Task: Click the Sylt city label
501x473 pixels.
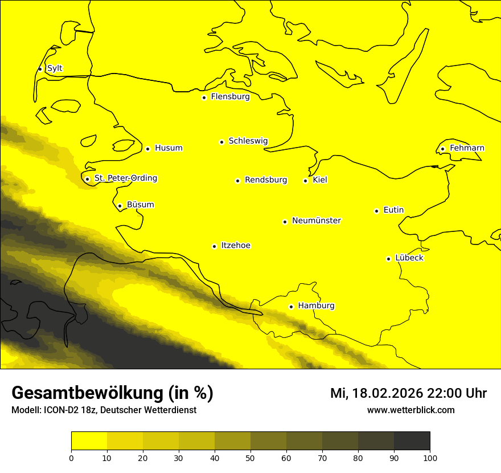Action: pos(55,68)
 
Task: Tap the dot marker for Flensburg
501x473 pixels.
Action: pos(204,97)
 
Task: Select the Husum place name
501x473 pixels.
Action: pos(169,148)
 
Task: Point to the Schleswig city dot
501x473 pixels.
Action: pos(221,142)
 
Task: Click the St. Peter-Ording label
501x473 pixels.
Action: pos(126,178)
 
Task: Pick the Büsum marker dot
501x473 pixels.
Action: pos(120,206)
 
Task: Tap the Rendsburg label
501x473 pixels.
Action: pos(266,180)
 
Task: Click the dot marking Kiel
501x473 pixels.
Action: pos(305,181)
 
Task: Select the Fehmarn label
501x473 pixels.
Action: pos(467,148)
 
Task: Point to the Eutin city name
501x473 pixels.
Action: pos(393,210)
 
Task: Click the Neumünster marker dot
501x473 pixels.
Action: pos(285,222)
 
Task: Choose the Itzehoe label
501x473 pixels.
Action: pos(236,246)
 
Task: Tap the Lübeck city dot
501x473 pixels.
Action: pos(388,259)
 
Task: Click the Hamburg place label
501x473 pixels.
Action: pos(316,306)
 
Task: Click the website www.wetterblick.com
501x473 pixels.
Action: pos(411,410)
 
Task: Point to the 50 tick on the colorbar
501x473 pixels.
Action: pos(250,457)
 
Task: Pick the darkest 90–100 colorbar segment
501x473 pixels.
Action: pos(412,441)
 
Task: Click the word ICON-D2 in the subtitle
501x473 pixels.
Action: pos(60,410)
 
